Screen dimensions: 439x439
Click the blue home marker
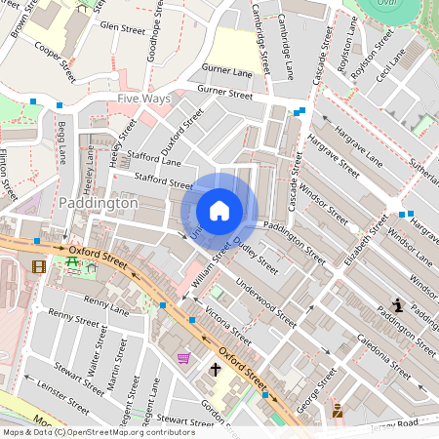[x=219, y=211]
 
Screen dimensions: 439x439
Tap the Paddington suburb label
[x=99, y=203]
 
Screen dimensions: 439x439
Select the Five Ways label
[x=143, y=99]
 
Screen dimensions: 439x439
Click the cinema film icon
[x=38, y=265]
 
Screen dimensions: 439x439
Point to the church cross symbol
[x=216, y=370]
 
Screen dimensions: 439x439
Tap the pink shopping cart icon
[x=183, y=358]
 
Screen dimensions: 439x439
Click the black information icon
[x=397, y=305]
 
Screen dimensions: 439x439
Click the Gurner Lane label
[x=227, y=71]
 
